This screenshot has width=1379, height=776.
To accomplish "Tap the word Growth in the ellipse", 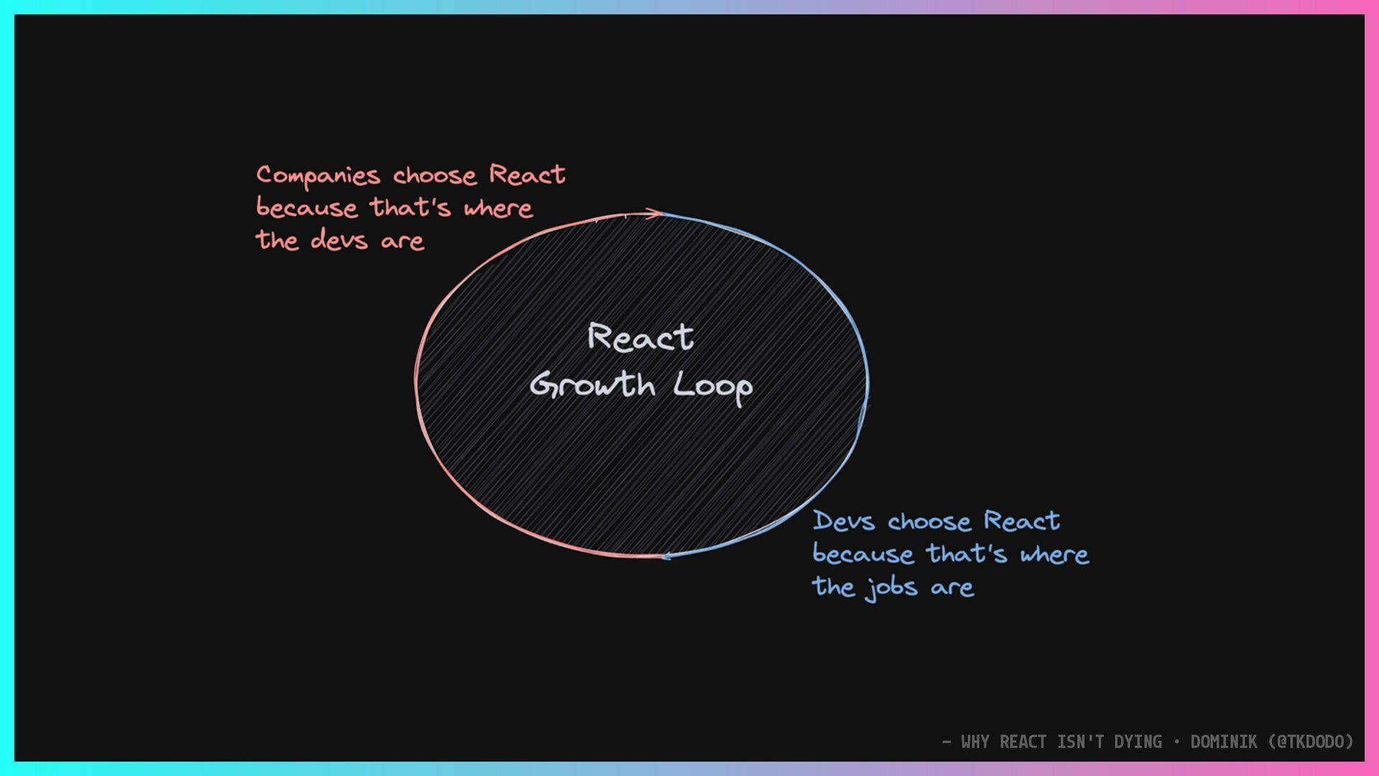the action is tap(593, 385).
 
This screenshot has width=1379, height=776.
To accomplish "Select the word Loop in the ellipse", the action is tap(712, 387).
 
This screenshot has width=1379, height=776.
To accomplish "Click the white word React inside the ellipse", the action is tap(641, 337).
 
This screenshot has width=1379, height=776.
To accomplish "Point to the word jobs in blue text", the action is tap(891, 588).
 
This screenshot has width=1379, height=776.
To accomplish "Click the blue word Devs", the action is tap(844, 522).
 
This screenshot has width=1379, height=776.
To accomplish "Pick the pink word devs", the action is tap(339, 240).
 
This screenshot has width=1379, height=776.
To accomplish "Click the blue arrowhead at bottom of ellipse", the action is tap(667, 555).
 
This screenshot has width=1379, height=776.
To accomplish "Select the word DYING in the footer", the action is tap(1138, 742).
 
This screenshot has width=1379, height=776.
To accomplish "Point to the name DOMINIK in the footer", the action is tap(1224, 742).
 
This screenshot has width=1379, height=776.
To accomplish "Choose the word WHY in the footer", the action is tap(975, 742).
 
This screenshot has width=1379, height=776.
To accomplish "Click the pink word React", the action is tap(527, 175).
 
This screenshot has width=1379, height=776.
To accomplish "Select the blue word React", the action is tap(1021, 521).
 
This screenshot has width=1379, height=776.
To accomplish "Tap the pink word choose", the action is tap(435, 176).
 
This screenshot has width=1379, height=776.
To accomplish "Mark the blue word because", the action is tap(863, 555).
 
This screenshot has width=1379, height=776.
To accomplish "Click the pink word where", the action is tap(498, 209).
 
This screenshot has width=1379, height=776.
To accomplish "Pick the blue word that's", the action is tap(967, 554).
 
